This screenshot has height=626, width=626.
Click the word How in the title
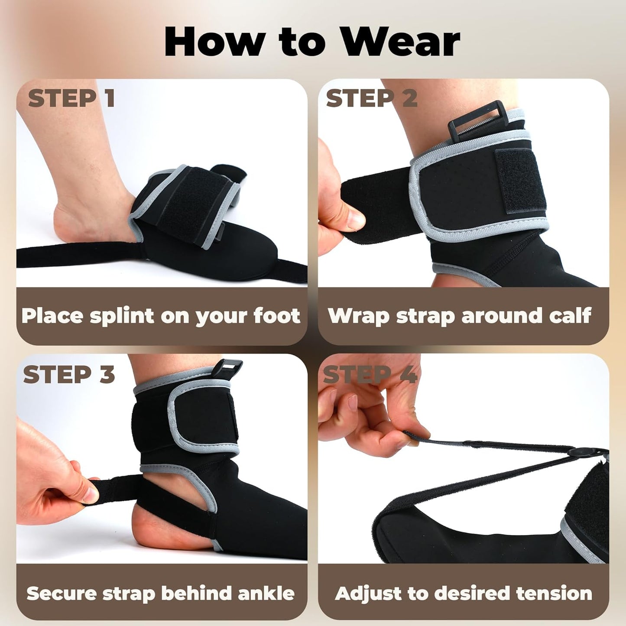(x=214, y=42)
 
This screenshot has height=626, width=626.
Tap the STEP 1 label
(x=71, y=99)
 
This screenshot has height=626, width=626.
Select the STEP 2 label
(x=372, y=99)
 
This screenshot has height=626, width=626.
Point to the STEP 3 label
(x=69, y=375)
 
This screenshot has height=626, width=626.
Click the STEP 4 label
(x=370, y=375)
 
